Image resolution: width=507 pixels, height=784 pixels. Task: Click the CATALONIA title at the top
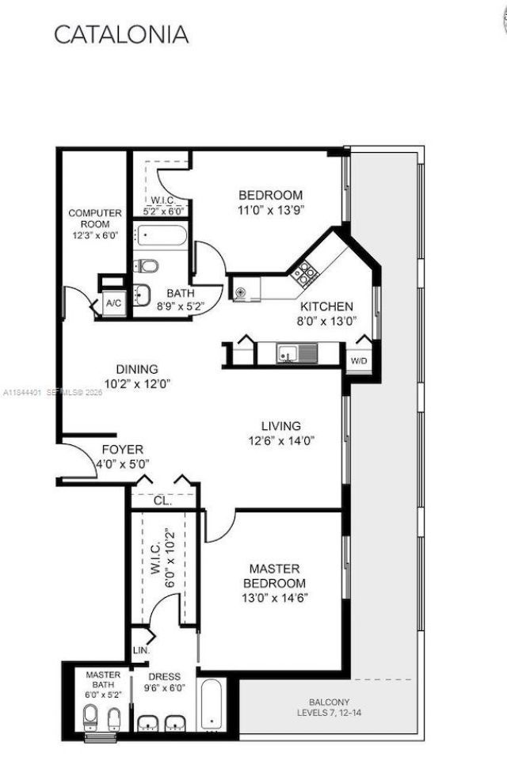(121, 35)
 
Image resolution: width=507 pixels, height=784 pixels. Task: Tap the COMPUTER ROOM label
(95, 219)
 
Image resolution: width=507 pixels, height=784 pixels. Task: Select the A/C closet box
(112, 302)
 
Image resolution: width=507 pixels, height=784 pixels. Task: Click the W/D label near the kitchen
(359, 360)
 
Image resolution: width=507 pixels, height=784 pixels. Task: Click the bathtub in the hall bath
(162, 235)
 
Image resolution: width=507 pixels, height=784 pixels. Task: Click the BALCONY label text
(329, 702)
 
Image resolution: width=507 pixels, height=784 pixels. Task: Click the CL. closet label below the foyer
(162, 500)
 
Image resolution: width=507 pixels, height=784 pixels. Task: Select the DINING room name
(137, 369)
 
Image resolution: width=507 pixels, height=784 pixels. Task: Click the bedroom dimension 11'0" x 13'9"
(271, 210)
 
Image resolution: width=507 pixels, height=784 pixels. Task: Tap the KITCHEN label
(326, 306)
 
